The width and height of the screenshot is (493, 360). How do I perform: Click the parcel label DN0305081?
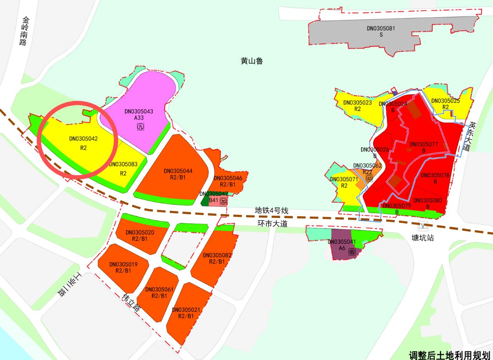tap(381, 28)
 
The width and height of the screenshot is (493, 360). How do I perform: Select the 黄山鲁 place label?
tap(251, 61)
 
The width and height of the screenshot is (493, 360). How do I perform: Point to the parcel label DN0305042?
tap(83, 138)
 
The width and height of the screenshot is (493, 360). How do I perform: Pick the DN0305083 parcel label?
tap(123, 165)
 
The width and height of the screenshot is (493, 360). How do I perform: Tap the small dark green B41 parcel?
tap(204, 200)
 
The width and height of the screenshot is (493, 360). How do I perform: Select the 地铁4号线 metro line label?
tap(271, 211)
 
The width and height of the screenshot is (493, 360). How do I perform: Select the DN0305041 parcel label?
tap(341, 242)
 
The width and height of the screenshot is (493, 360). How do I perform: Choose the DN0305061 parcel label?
tap(159, 289)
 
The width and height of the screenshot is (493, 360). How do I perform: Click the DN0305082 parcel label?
tap(217, 255)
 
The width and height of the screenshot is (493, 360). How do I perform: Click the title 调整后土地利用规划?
tap(450, 355)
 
